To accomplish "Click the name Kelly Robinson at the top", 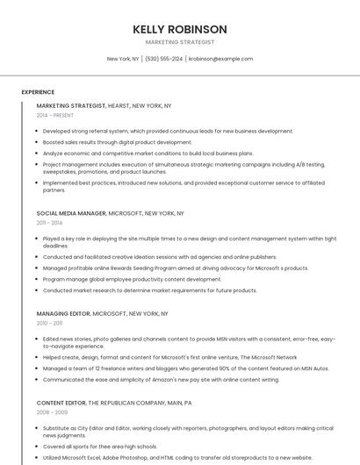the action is coord(180,29).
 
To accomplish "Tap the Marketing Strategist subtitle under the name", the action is coord(180,42).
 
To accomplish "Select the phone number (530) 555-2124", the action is coord(164,59).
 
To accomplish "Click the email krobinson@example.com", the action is coord(220,59).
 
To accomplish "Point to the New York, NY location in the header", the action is coord(123,59).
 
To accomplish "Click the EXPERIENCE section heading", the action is coord(38,92).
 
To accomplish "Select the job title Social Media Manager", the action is coord(71,213).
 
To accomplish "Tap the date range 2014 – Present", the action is coord(55,115).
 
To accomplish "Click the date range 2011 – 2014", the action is coord(49,223).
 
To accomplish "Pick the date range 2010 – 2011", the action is coord(49,323).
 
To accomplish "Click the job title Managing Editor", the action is coord(63,313).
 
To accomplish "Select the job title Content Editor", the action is coord(61,402).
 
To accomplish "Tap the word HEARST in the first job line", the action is coord(119,105).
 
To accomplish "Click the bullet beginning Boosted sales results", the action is coord(117,142).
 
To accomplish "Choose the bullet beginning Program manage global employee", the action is coord(132,279).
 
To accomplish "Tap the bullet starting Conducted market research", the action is coord(149,290).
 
